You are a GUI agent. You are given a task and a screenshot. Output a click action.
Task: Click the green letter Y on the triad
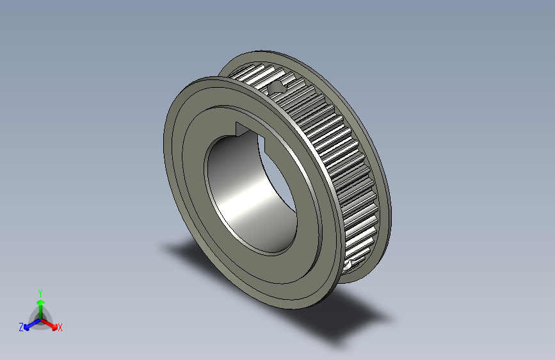click(40, 291)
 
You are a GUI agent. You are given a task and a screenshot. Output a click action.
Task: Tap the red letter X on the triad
click(60, 328)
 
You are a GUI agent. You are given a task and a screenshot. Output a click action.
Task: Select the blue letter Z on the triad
click(21, 327)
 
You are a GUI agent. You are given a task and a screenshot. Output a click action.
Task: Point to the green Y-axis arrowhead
click(40, 301)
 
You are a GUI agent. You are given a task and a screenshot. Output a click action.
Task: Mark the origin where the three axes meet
click(40, 318)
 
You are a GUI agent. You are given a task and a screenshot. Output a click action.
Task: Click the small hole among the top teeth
click(279, 87)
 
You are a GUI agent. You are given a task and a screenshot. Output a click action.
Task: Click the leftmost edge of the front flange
click(166, 147)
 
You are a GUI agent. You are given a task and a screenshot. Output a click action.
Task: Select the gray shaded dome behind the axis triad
click(40, 314)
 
